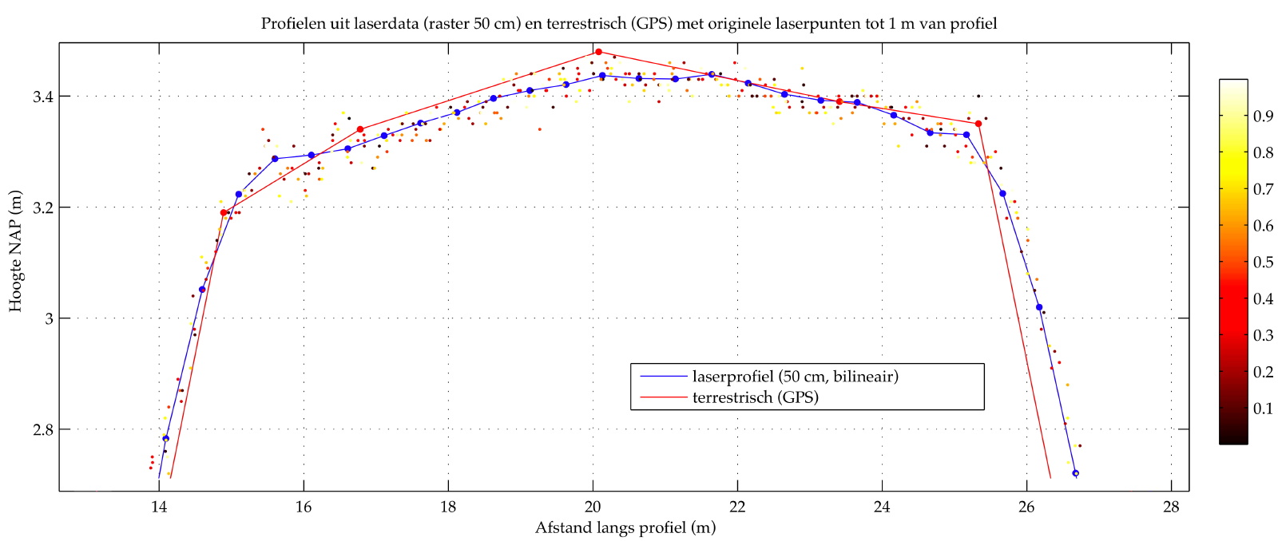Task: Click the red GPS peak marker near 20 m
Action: pyautogui.click(x=598, y=52)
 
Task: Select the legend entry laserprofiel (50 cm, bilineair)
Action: pyautogui.click(x=795, y=376)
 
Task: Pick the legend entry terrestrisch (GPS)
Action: pyautogui.click(x=755, y=397)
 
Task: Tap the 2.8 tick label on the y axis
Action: pyautogui.click(x=43, y=430)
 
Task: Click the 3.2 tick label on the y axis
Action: pyautogui.click(x=43, y=207)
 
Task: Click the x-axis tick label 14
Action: pyautogui.click(x=159, y=506)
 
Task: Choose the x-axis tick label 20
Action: pyautogui.click(x=593, y=506)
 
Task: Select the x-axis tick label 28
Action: pyautogui.click(x=1171, y=506)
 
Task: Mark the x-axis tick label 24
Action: pyautogui.click(x=882, y=506)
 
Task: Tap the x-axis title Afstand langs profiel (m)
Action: pyautogui.click(x=625, y=527)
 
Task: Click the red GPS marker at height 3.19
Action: pyautogui.click(x=224, y=212)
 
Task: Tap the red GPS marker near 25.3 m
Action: pyautogui.click(x=978, y=124)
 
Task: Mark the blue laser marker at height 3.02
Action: pyautogui.click(x=1039, y=307)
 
